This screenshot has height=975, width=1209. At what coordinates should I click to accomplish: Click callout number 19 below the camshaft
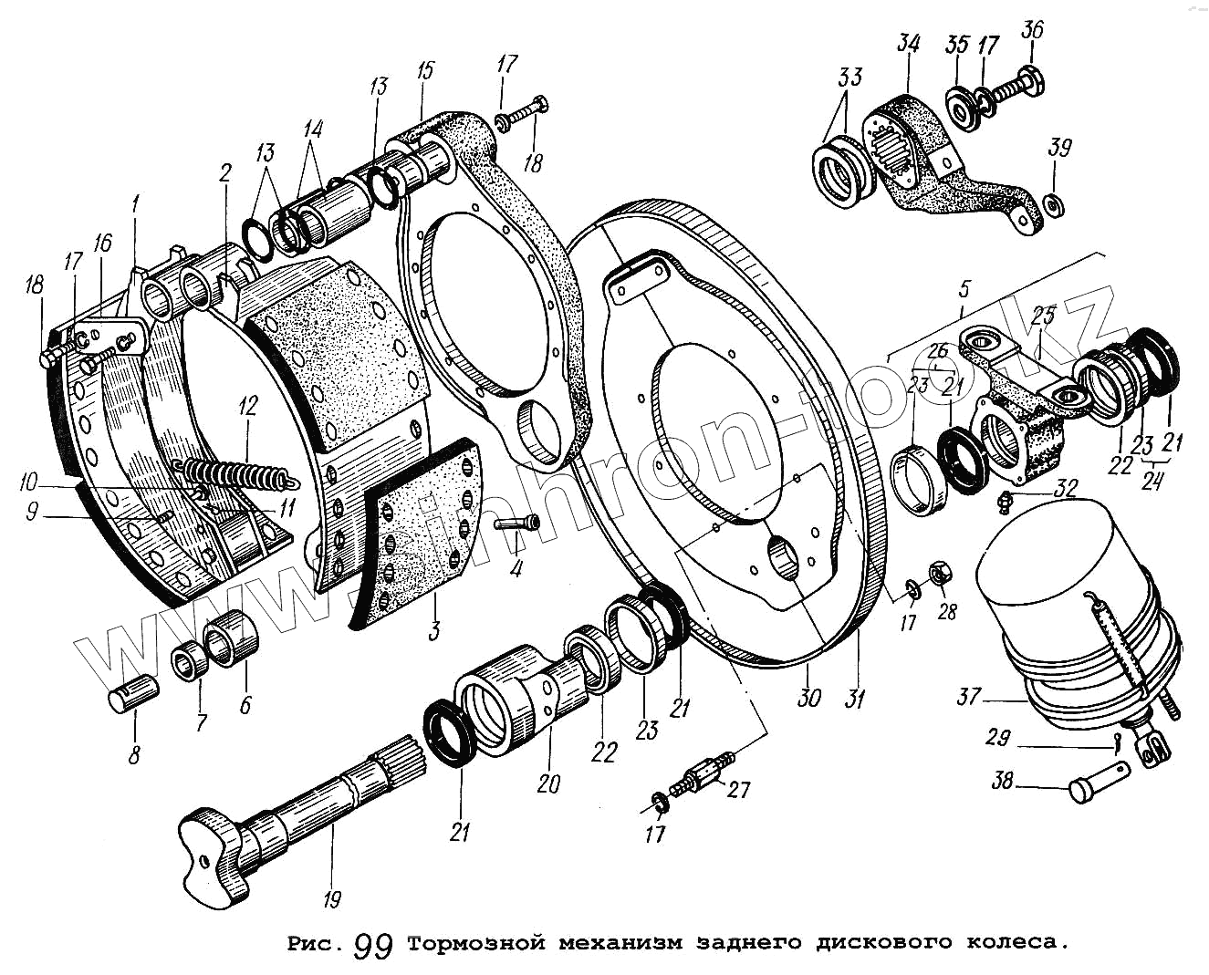(332, 899)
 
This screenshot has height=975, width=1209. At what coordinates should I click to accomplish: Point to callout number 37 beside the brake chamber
(968, 698)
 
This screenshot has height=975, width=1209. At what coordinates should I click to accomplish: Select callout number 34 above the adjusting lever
(908, 43)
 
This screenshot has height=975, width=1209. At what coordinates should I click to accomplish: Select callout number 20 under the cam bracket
(548, 783)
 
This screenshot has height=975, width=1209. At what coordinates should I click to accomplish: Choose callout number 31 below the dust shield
(854, 700)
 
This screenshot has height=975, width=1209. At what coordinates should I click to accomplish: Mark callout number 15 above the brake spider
(426, 71)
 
